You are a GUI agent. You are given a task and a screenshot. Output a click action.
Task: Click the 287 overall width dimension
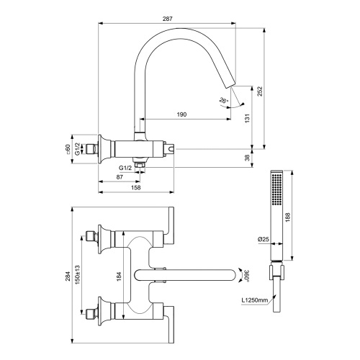click(x=166, y=14)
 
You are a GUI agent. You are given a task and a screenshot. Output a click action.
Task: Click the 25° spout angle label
click(x=226, y=102)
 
